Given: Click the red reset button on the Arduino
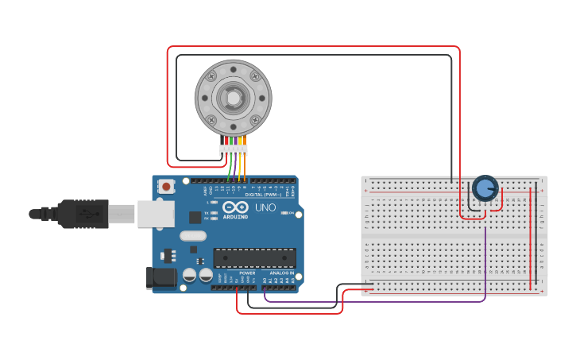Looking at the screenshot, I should (167, 187).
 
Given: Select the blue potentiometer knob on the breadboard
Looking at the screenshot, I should (485, 189).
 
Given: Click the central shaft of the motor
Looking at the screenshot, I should (233, 98).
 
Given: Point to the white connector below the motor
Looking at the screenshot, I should (234, 149).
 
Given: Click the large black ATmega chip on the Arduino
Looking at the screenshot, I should (254, 257).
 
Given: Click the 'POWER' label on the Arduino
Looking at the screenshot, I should (247, 273).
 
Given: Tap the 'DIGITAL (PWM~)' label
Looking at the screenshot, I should (263, 195).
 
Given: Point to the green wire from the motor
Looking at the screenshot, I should (230, 167).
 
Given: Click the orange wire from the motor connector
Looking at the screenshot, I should (245, 167).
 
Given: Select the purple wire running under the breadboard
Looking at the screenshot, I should (373, 302).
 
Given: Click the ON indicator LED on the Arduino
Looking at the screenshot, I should (215, 218).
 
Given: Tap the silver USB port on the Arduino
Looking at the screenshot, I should (156, 214).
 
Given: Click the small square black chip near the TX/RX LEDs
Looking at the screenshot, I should (195, 217).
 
